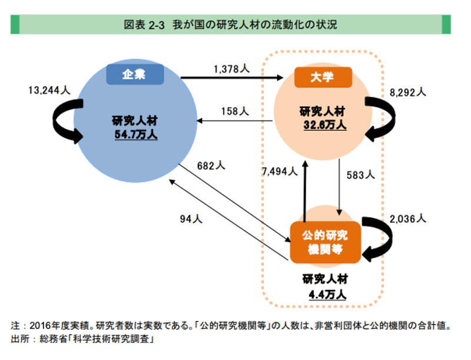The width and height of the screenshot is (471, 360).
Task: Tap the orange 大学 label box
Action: [322, 78]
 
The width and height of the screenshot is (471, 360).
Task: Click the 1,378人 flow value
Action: [231, 69]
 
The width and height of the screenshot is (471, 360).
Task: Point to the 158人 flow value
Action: [234, 110]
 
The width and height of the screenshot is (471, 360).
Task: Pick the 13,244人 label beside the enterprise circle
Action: [49, 91]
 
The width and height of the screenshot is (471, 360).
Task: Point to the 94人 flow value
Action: [191, 219]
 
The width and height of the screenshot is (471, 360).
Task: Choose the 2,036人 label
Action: [407, 218]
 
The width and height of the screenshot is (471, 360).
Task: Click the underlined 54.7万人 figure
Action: [136, 135]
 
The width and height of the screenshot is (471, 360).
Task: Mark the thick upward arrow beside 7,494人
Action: [304, 189]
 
